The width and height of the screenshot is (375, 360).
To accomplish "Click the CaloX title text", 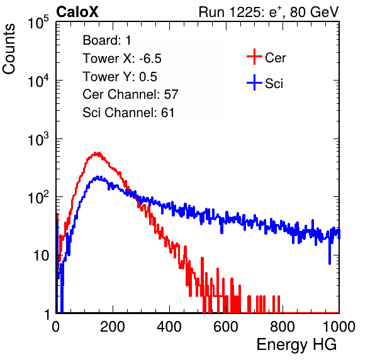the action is point(77,12).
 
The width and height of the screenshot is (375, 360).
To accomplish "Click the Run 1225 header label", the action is point(269,12).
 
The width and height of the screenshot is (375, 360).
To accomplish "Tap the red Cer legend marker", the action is point(254,57).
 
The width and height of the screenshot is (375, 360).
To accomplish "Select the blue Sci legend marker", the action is point(254,82).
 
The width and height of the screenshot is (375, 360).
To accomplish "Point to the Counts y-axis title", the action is point(9,49).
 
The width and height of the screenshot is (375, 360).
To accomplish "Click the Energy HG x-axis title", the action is point(296,344).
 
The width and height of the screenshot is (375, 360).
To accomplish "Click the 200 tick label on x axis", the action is point(113,327).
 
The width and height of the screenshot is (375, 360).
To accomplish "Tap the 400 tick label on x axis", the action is point(169,327).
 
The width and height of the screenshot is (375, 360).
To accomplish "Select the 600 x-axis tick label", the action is point(226,327).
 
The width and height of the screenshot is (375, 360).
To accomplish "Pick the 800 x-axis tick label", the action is point(283,327).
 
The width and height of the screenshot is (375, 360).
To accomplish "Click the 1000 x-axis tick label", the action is point(339,327).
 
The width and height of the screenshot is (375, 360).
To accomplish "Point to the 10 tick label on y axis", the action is point(42,256).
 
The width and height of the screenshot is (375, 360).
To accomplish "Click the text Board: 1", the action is point(107,40).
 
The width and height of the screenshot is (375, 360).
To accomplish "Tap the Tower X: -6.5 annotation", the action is point(122,59).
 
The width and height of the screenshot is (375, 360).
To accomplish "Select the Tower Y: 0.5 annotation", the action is point(120,77).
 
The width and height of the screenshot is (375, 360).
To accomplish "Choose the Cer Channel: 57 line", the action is point(130,94).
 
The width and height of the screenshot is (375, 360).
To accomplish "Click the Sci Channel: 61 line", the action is point(128,113).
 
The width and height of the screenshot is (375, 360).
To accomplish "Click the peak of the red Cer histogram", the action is point(97,154).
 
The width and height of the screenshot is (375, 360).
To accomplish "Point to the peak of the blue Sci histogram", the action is point(98,177).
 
